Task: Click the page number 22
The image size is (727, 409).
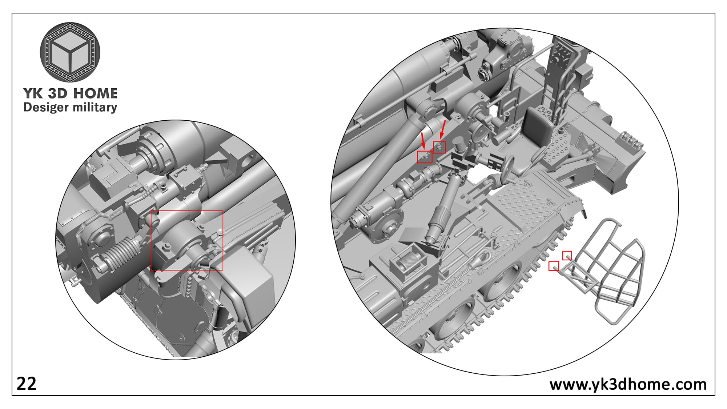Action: (27, 384)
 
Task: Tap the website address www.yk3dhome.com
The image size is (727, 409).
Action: (628, 385)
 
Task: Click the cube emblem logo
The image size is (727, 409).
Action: (70, 52)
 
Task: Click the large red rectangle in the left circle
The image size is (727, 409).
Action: (187, 240)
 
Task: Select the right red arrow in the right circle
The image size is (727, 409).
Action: (443, 129)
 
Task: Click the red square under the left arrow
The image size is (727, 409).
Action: (425, 157)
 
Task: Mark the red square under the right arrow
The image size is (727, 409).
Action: (439, 147)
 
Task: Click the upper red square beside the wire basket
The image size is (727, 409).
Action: (567, 256)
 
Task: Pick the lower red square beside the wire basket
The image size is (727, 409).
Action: (554, 266)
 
